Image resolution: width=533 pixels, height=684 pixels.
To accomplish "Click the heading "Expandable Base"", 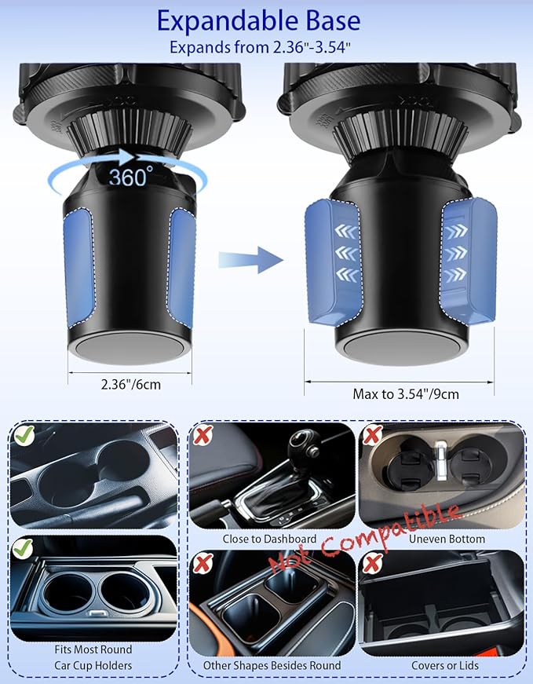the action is click(258, 21).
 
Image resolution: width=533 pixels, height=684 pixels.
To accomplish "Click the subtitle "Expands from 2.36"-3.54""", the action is click(260, 47).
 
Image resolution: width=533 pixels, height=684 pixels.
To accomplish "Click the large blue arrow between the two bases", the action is click(250, 260).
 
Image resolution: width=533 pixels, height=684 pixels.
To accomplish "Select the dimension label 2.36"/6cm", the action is click(131, 384).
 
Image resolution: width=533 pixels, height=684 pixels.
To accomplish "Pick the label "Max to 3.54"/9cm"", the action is click(406, 394).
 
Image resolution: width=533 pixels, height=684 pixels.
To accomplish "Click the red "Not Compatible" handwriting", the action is click(364, 538).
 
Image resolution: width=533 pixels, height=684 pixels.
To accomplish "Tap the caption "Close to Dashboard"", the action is click(269, 539).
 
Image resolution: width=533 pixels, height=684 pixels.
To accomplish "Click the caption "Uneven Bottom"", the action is click(447, 539).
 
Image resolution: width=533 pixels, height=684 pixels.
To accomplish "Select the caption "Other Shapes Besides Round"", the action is click(272, 665).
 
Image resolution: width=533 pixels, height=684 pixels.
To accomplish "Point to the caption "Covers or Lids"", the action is click(445, 665).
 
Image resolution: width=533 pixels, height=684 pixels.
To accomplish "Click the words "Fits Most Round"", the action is click(93, 649).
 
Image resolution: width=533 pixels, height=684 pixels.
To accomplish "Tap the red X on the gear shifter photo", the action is click(203, 435).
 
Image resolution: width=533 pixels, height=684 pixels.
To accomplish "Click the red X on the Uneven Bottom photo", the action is click(372, 435).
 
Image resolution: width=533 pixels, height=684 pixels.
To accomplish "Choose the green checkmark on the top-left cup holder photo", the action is click(24, 435).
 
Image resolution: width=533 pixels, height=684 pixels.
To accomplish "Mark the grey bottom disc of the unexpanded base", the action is click(130, 348).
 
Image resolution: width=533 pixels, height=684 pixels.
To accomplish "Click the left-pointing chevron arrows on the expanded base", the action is click(347, 253).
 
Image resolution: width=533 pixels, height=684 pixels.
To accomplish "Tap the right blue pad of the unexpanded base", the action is click(182, 267).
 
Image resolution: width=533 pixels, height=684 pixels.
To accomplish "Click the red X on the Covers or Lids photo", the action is click(372, 563).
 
